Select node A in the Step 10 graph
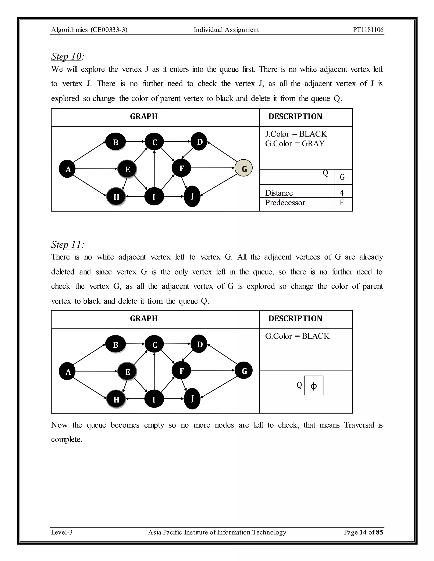(x=67, y=169)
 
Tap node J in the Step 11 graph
(x=192, y=399)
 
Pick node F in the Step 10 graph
(x=182, y=168)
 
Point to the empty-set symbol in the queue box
(x=314, y=386)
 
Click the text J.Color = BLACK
(x=296, y=134)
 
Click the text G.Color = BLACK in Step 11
(x=297, y=336)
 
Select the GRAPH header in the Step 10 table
(x=144, y=116)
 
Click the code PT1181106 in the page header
(x=368, y=30)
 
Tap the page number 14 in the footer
(x=363, y=532)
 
